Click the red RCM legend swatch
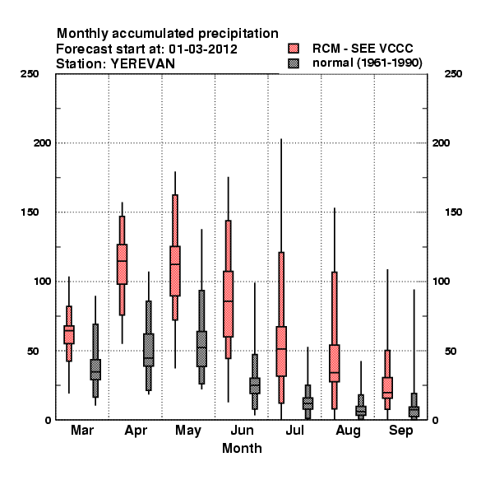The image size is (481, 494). coord(294,49)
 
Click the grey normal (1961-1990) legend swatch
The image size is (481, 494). coord(294,63)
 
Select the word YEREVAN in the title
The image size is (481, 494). coord(143,64)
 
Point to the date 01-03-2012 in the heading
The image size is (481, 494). coord(203,49)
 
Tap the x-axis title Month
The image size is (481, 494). coord(242,448)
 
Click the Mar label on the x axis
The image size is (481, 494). coord(82,430)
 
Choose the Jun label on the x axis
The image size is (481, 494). coord(242,430)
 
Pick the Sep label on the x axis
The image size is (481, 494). coord(400,431)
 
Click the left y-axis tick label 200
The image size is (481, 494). coord(42,143)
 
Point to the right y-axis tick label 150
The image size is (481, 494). coord(453,212)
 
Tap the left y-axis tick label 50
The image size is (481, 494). coord(33,351)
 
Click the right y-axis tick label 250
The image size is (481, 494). coord(453,74)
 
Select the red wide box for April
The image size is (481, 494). coord(122,264)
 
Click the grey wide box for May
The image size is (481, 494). coord(201,349)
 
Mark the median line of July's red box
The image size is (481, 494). coord(281,349)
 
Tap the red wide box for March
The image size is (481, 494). coord(69,334)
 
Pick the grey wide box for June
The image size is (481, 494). coord(255,385)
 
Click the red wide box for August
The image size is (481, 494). coord(335,363)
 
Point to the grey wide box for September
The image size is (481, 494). coord(414,412)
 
